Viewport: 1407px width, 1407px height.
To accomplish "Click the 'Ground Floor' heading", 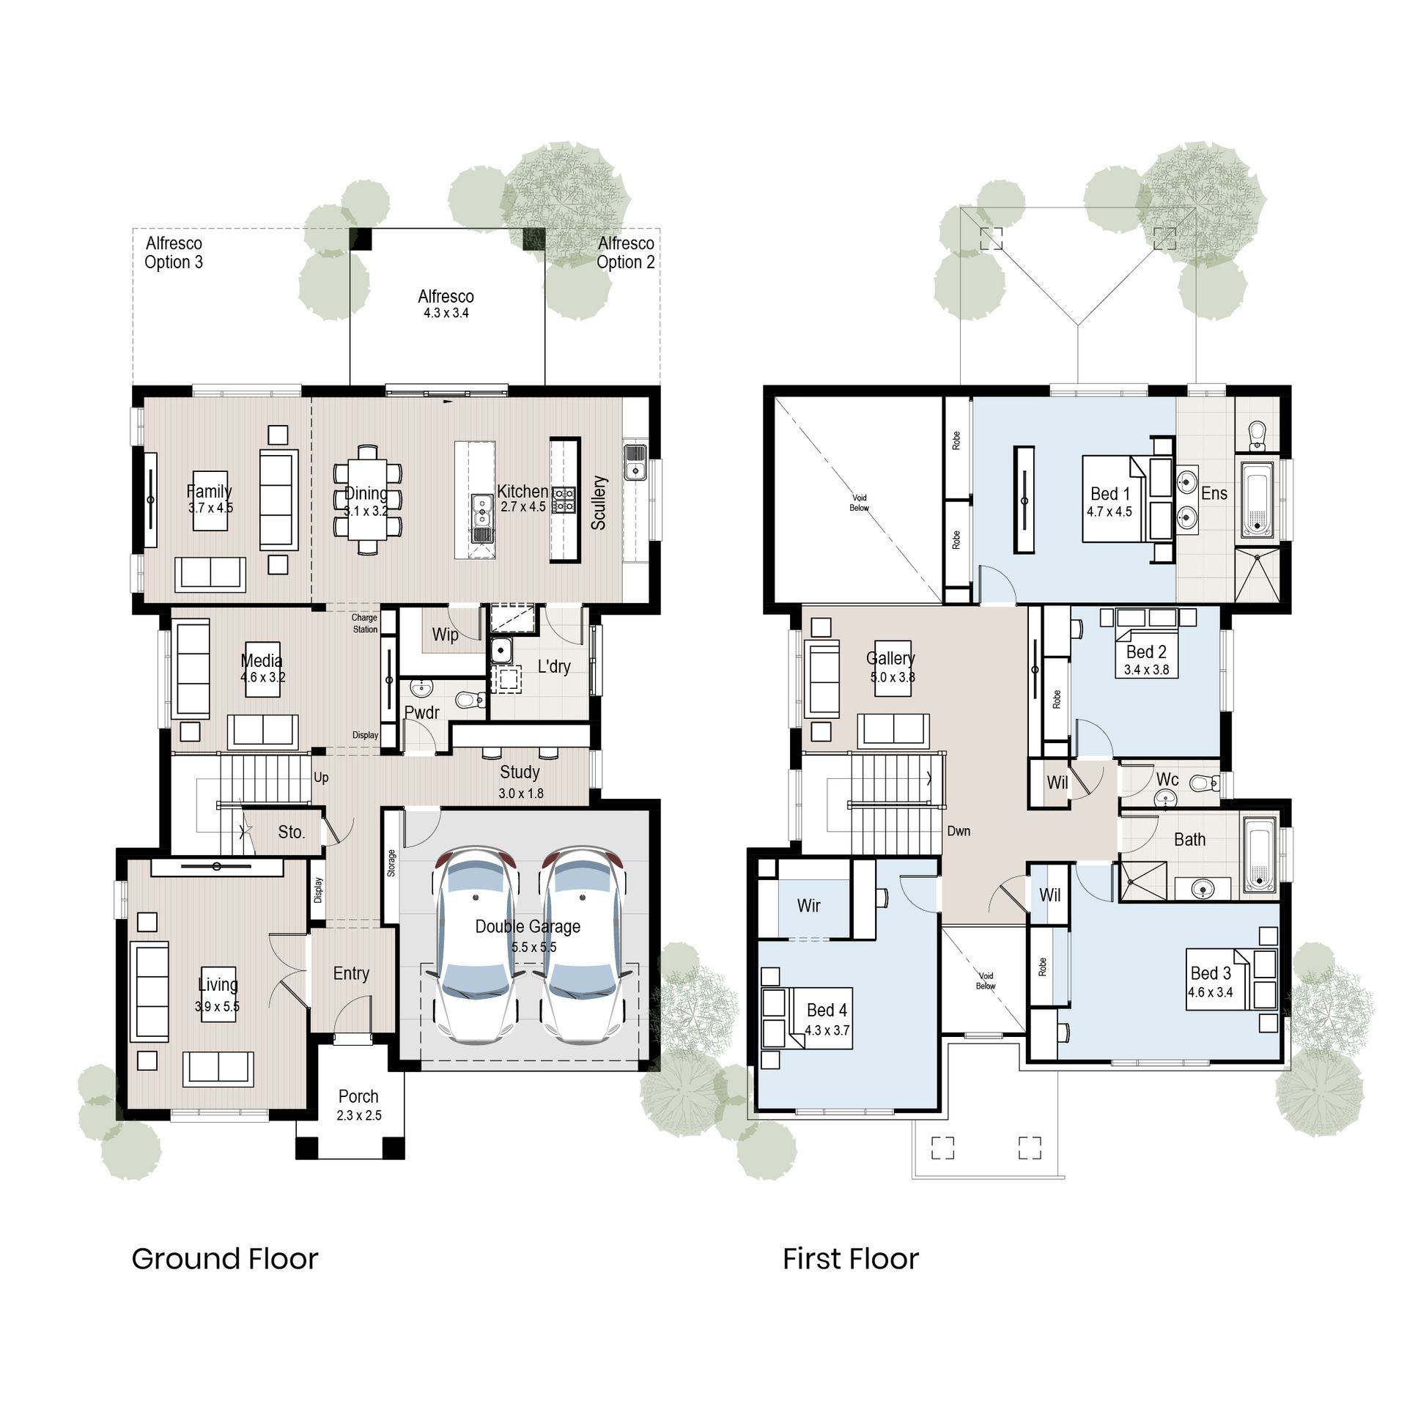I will (224, 1259).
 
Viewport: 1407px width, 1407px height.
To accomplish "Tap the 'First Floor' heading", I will (850, 1259).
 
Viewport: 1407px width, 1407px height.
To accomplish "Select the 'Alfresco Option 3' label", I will (174, 253).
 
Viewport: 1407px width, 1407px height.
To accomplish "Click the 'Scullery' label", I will (599, 502).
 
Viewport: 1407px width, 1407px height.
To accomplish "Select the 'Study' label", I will (520, 772).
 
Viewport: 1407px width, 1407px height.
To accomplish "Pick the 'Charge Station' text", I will (364, 624).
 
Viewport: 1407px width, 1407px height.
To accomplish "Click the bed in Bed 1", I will (1114, 499).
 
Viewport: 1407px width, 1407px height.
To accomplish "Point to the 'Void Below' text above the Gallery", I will (859, 503).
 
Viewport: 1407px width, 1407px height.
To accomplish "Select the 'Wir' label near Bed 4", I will (808, 906).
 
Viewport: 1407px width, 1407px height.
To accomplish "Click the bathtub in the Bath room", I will (1260, 855).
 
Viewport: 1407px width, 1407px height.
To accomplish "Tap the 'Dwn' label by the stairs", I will (958, 831).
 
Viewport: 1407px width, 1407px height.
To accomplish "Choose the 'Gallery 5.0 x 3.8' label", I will (890, 666).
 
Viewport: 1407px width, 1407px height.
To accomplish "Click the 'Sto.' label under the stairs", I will (291, 832).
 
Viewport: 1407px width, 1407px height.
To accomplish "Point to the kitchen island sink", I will (481, 510).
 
